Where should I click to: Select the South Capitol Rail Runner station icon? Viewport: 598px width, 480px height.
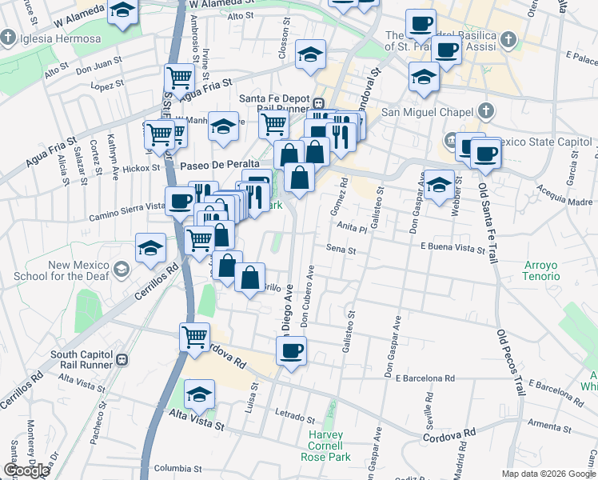point(122,358)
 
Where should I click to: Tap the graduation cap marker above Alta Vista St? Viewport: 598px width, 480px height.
point(199,394)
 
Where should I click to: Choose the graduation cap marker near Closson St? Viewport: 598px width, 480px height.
point(311,54)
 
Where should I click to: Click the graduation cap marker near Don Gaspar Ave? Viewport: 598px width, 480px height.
point(439,185)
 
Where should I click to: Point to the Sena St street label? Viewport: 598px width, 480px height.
point(341,250)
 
